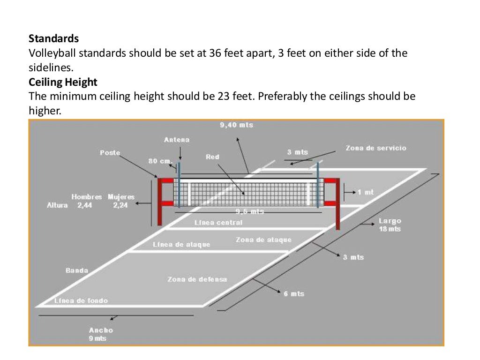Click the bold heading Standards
click(x=53, y=38)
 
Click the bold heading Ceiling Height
click(x=63, y=82)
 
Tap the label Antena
click(x=177, y=140)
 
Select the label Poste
click(x=110, y=153)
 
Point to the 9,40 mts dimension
click(x=236, y=125)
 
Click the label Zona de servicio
click(x=376, y=148)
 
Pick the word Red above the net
click(x=212, y=157)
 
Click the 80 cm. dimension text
click(x=160, y=161)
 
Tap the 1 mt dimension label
click(x=366, y=192)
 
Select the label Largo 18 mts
click(x=390, y=225)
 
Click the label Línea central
click(x=218, y=223)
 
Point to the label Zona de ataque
click(x=263, y=240)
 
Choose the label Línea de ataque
click(x=181, y=245)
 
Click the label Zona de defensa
click(x=197, y=279)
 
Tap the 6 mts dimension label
click(x=294, y=294)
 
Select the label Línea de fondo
click(x=81, y=300)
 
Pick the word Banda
click(x=77, y=270)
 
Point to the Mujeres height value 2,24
click(x=120, y=205)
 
